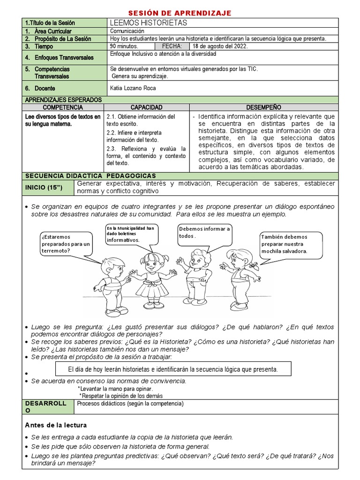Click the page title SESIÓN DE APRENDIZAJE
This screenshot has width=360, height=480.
180,13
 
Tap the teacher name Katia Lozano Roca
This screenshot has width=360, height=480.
133,88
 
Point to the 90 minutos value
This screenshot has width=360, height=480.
124,46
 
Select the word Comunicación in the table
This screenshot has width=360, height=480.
127,30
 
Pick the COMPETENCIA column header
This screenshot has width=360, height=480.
63,107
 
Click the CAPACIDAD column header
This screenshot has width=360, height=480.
147,107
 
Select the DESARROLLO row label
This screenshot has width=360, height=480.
46,407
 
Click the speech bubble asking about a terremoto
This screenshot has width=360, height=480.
65,243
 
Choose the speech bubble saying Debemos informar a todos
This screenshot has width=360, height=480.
204,232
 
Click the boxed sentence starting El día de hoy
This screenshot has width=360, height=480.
173,369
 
